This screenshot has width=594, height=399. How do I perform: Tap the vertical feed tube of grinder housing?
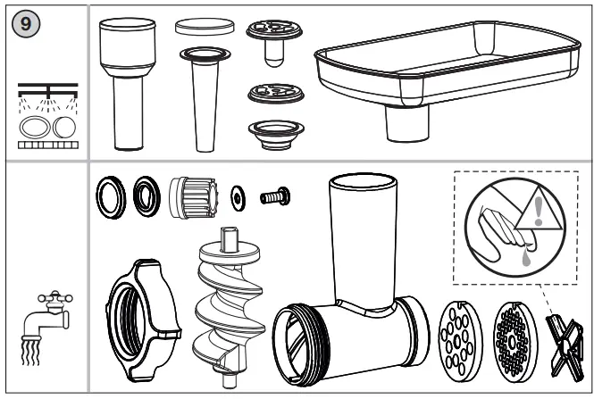point(361,236)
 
